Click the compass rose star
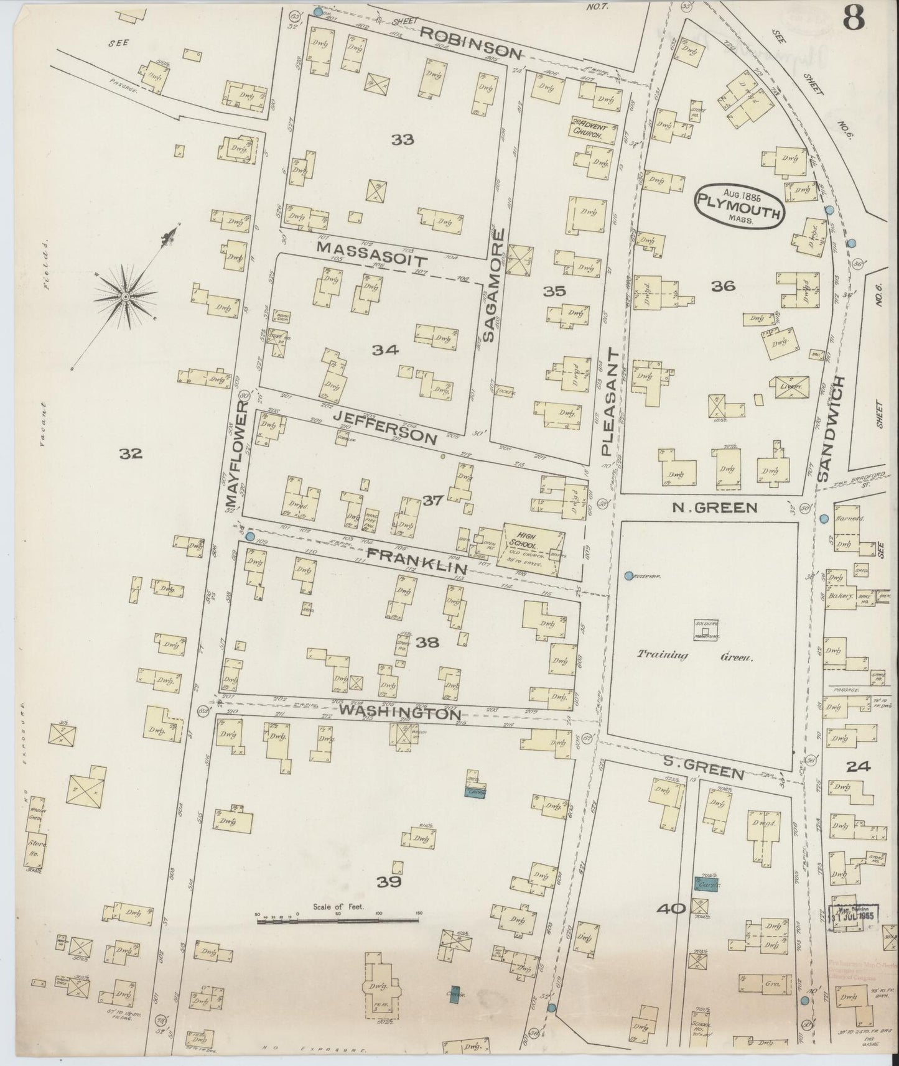click(126, 297)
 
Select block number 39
click(389, 881)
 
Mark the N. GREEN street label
click(715, 508)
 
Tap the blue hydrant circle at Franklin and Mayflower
click(250, 536)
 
